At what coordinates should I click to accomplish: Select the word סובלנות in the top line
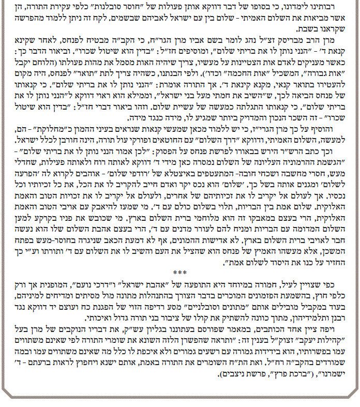(189, 6)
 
